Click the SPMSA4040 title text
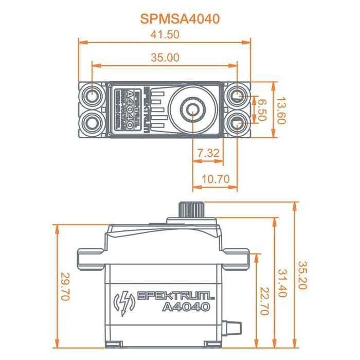(179, 19)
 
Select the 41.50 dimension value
(165, 34)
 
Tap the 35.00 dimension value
(165, 58)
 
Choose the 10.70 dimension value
(215, 180)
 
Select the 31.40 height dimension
(282, 281)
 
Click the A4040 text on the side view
(186, 307)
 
